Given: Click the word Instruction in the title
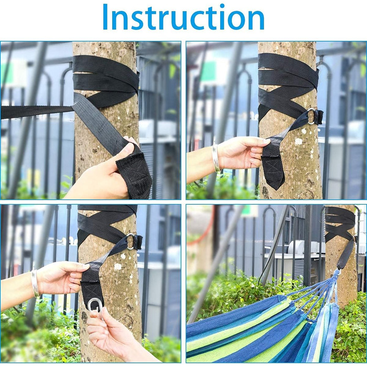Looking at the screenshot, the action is (183, 17).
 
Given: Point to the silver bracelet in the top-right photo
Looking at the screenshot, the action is (216, 157).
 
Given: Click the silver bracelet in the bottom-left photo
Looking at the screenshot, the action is (35, 283).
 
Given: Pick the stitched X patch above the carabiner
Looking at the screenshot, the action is (92, 291).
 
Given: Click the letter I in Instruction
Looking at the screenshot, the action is (105, 17).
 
